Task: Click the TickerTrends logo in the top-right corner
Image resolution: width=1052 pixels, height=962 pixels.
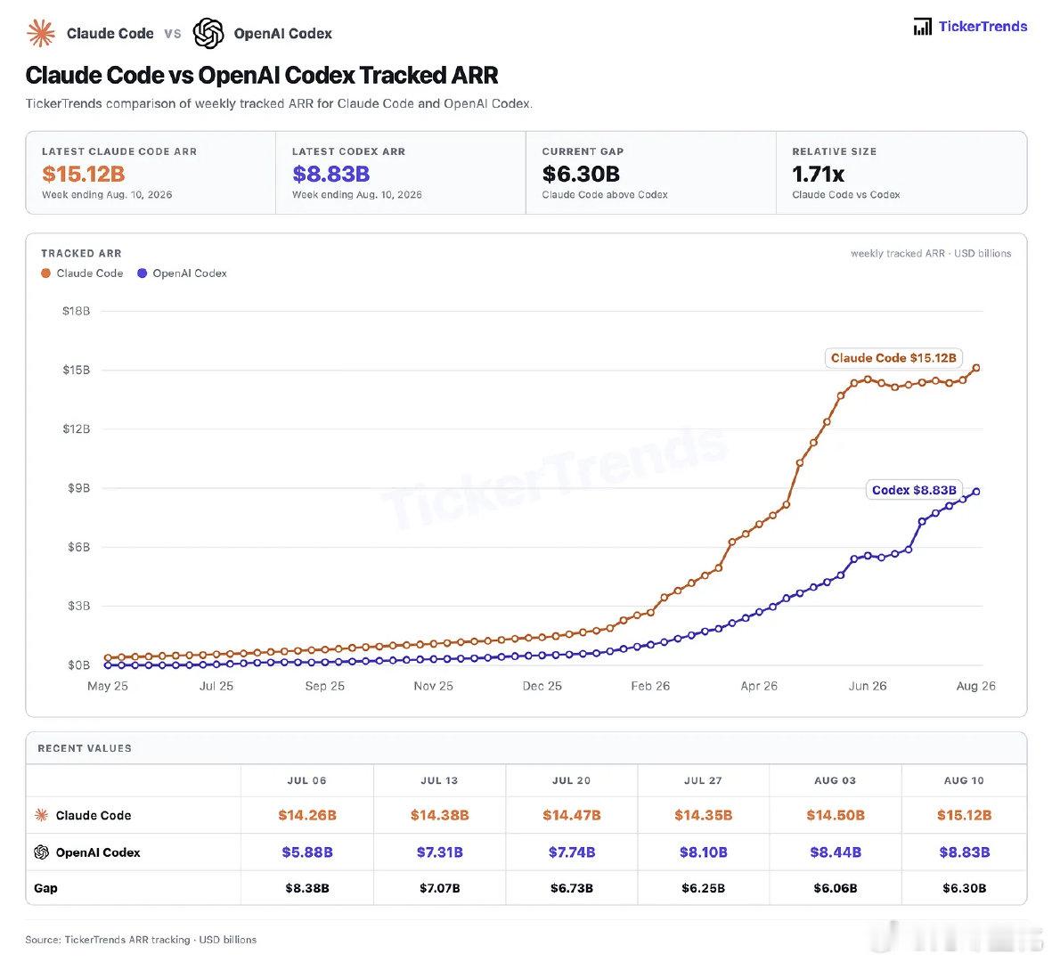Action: [969, 27]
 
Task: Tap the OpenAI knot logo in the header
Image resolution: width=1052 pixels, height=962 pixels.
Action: [208, 33]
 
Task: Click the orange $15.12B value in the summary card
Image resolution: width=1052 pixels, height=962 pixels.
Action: [83, 174]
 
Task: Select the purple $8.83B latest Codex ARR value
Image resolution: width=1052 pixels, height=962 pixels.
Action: [330, 174]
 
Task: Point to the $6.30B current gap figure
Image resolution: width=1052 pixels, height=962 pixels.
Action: [581, 174]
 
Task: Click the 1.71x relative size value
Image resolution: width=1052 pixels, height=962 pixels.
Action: [818, 174]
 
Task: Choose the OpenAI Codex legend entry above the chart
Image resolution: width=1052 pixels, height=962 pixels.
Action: [182, 273]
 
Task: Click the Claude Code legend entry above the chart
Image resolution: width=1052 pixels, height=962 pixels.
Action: [82, 273]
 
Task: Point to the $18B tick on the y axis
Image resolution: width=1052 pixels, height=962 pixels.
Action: [76, 311]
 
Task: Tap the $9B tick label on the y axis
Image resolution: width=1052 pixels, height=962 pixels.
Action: [78, 488]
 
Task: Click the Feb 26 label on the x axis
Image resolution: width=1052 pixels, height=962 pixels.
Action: [650, 686]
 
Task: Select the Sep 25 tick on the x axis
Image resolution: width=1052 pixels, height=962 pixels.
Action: [325, 686]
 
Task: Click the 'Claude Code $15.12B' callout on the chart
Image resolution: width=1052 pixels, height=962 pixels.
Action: [893, 357]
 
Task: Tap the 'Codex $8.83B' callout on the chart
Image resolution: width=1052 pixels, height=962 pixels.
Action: [914, 490]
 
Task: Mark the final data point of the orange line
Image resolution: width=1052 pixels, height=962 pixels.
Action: [976, 368]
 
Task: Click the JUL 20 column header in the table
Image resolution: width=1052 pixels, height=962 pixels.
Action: [572, 780]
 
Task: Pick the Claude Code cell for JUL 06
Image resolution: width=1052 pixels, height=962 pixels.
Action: [307, 815]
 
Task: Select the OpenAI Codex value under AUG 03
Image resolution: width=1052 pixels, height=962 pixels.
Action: [836, 852]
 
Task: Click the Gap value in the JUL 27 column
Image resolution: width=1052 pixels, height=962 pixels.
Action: [703, 888]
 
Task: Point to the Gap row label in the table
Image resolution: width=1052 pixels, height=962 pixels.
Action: [45, 888]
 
